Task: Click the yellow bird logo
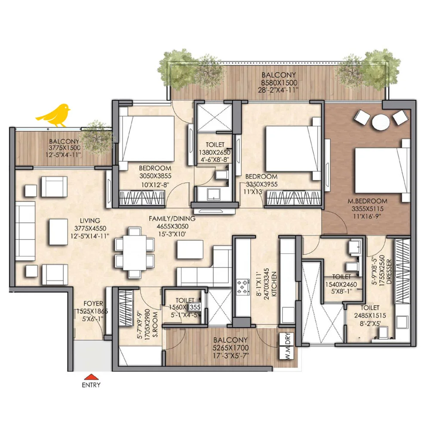pyautogui.click(x=53, y=115)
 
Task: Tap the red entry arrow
pyautogui.click(x=91, y=377)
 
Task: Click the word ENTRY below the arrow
pyautogui.click(x=91, y=385)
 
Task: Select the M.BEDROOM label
pyautogui.click(x=368, y=201)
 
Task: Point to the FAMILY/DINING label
pyautogui.click(x=172, y=218)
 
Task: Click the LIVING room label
pyautogui.click(x=90, y=221)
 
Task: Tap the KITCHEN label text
pyautogui.click(x=274, y=284)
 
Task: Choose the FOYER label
pyautogui.click(x=93, y=304)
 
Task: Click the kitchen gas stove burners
pyautogui.click(x=243, y=286)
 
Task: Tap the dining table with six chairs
pyautogui.click(x=134, y=253)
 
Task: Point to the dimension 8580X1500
pyautogui.click(x=279, y=83)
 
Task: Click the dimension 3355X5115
pyautogui.click(x=368, y=209)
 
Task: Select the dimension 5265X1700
pyautogui.click(x=231, y=348)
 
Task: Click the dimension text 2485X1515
pyautogui.click(x=370, y=316)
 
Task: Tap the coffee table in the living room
pyautogui.click(x=58, y=232)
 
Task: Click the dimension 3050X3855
pyautogui.click(x=155, y=176)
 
